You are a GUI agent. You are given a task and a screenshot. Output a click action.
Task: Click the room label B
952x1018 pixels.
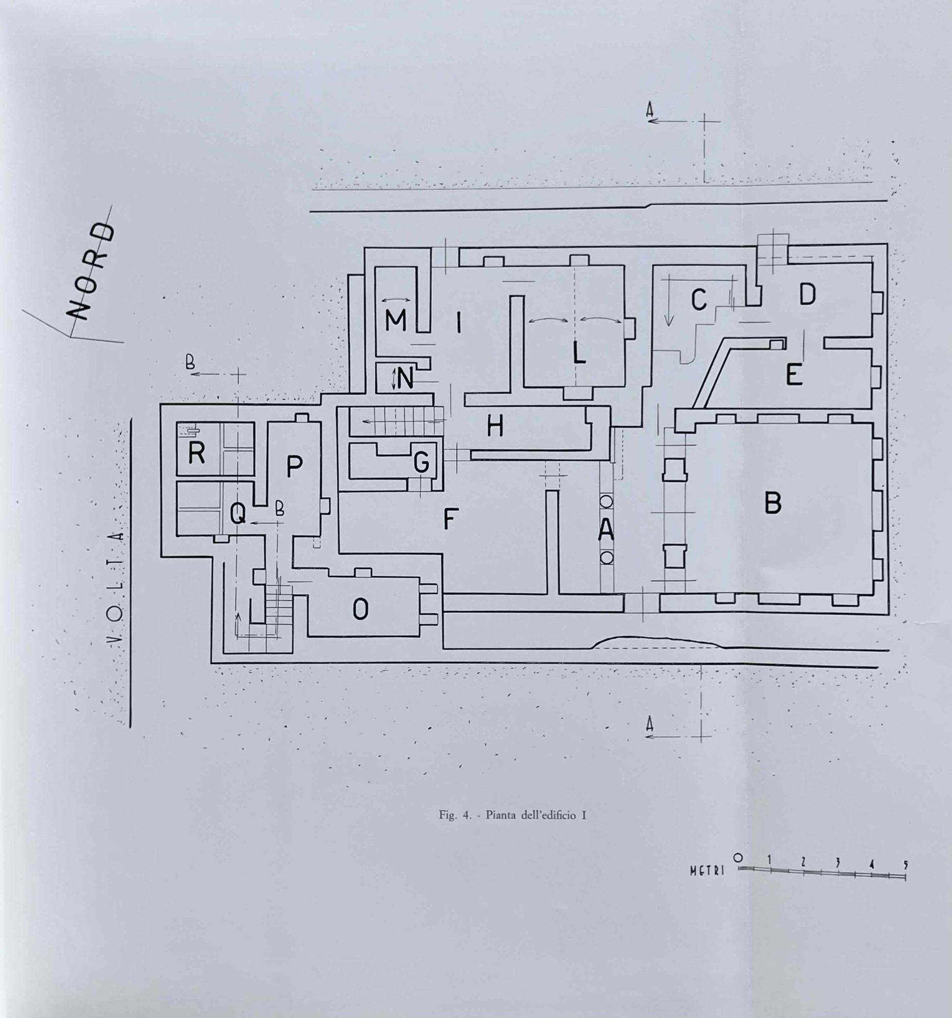[773, 503]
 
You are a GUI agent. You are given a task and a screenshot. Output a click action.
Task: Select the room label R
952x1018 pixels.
[197, 453]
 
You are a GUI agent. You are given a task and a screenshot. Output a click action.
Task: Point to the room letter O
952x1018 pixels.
[360, 609]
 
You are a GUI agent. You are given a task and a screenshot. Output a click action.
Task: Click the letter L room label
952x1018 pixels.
[579, 352]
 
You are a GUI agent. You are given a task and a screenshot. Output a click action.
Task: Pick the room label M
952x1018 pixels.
[396, 321]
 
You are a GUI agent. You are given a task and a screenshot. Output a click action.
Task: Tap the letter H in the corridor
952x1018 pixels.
[495, 427]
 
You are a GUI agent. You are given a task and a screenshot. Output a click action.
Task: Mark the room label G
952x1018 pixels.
[422, 463]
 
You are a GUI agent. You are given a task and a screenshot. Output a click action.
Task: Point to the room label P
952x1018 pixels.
[294, 466]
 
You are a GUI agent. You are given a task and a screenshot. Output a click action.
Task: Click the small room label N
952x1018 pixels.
[405, 379]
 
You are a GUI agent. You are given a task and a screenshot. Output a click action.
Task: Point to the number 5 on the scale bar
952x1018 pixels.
[905, 864]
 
